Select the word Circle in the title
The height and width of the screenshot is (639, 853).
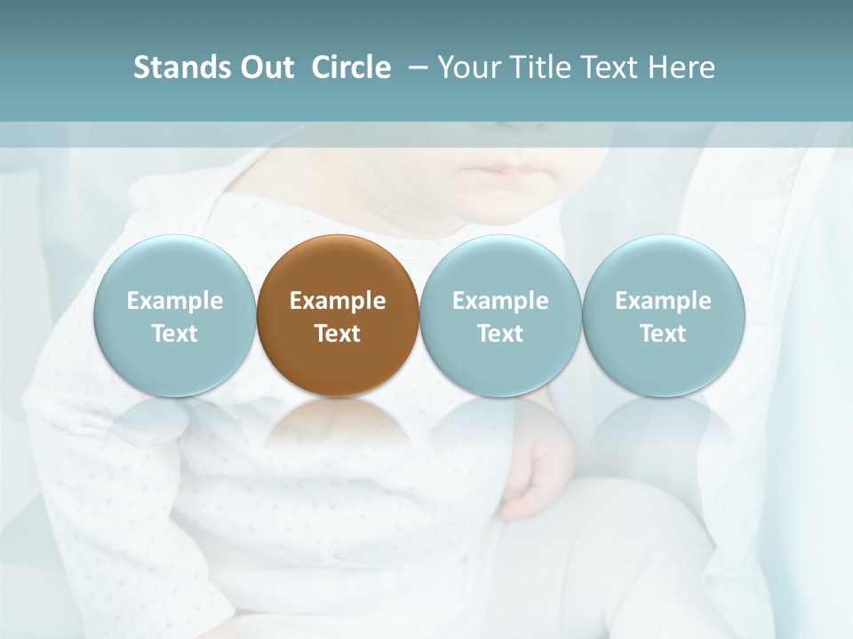click(x=351, y=67)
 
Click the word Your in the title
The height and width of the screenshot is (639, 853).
click(x=469, y=67)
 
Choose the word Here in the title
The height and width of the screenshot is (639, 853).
click(x=682, y=67)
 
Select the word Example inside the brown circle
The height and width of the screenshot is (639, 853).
click(x=338, y=301)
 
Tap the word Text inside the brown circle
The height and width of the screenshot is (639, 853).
click(x=338, y=334)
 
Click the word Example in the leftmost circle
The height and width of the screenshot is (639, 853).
click(x=174, y=301)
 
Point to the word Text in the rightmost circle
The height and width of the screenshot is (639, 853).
click(x=664, y=334)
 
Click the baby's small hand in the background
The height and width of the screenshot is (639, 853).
click(x=538, y=479)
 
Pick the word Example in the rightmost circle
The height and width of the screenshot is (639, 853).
click(x=664, y=301)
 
